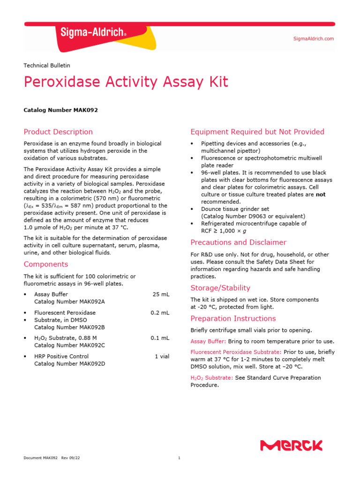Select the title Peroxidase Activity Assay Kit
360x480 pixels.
point(126,82)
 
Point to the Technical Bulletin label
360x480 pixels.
point(47,66)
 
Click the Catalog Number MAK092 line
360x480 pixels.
point(60,110)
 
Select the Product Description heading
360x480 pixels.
point(58,132)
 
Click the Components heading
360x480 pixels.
point(46,264)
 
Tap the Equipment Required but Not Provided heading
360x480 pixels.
point(257,132)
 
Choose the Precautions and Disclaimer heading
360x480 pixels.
point(238,242)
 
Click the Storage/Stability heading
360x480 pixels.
point(220,288)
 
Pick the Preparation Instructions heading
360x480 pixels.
point(232,319)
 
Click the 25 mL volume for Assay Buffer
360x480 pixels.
point(161,294)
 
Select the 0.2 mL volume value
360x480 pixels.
point(160,313)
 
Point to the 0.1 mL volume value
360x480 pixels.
point(160,337)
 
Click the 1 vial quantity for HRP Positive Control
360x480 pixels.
point(162,356)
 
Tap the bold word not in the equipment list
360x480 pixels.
point(320,194)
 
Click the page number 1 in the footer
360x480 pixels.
point(180,458)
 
